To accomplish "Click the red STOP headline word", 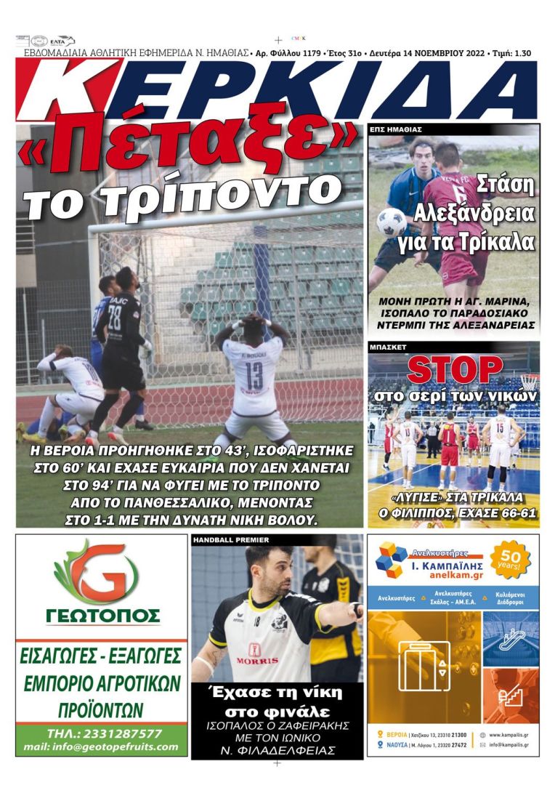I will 454,370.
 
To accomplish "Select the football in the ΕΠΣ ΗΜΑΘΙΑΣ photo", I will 391,222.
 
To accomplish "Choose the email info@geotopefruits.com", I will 101,746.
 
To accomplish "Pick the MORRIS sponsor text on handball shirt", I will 256,660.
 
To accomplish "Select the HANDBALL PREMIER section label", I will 230,540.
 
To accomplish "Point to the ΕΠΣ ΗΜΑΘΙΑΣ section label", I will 396,129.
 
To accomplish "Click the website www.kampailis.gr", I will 514,734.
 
